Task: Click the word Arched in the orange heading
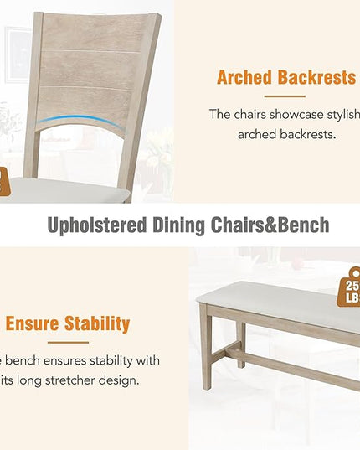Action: (244, 79)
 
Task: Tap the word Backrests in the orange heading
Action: (314, 79)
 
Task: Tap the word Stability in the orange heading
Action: (100, 323)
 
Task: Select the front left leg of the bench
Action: (207, 355)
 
